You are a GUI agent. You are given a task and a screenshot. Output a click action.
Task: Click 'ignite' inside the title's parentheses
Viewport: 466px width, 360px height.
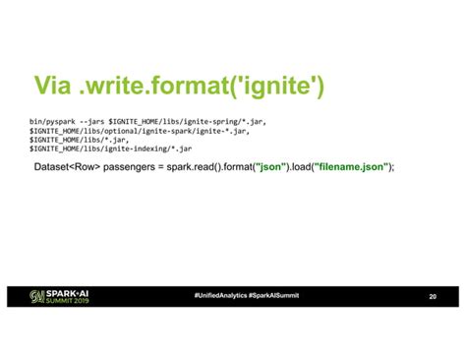269,89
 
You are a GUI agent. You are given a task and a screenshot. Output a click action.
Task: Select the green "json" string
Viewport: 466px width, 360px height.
270,167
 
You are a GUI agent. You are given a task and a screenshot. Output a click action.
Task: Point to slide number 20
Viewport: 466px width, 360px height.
433,297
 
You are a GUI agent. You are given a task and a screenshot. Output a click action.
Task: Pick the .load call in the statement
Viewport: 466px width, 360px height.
300,167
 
